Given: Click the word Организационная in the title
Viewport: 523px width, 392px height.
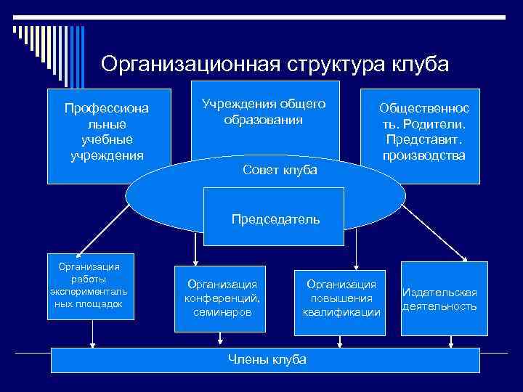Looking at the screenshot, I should pyautogui.click(x=190, y=64).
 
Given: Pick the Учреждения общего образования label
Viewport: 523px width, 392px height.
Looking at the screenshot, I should pyautogui.click(x=263, y=113).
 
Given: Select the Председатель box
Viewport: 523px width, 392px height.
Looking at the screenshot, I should pyautogui.click(x=275, y=219).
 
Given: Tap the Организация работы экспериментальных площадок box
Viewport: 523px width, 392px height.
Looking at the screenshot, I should pyautogui.click(x=90, y=285).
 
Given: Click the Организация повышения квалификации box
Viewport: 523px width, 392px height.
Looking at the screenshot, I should pyautogui.click(x=341, y=298).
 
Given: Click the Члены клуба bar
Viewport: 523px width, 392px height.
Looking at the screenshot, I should pyautogui.click(x=266, y=360).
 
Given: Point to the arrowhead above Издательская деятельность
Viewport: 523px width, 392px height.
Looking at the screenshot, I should pyautogui.click(x=466, y=257).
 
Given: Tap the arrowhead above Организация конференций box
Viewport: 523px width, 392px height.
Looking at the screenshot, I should pyautogui.click(x=194, y=264).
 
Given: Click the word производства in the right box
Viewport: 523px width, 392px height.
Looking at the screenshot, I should pyautogui.click(x=424, y=155).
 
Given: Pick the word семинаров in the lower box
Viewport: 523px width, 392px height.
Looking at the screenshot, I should pyautogui.click(x=222, y=312).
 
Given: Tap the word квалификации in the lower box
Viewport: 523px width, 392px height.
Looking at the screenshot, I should pyautogui.click(x=341, y=312).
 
